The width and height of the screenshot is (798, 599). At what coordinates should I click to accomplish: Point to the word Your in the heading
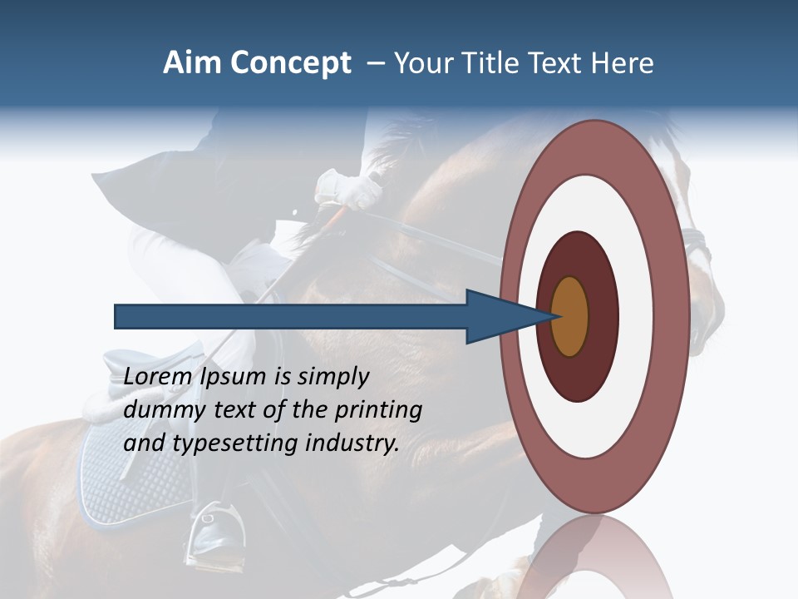[x=424, y=63]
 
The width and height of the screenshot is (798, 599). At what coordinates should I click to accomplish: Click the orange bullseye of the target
[x=569, y=316]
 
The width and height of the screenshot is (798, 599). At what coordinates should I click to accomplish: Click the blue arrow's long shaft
[x=291, y=316]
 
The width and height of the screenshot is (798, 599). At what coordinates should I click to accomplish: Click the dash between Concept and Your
[x=375, y=63]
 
